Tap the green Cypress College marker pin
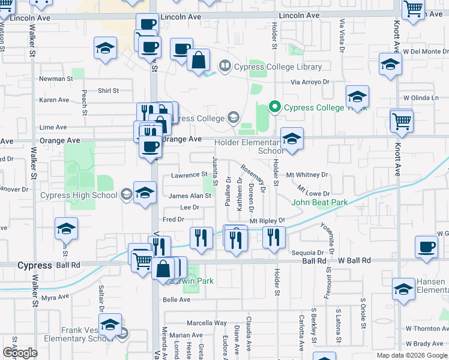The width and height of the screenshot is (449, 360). pyautogui.click(x=276, y=107)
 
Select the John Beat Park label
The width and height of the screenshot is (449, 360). pyautogui.click(x=319, y=203)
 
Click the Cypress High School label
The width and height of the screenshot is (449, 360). pyautogui.click(x=79, y=195)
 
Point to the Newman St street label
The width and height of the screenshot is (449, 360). pyautogui.click(x=56, y=79)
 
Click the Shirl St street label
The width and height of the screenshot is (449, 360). pyautogui.click(x=108, y=91)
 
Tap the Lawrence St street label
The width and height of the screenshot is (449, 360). pyautogui.click(x=188, y=175)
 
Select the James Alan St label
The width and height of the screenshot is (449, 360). pyautogui.click(x=190, y=196)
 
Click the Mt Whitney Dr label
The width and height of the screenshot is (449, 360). pyautogui.click(x=307, y=175)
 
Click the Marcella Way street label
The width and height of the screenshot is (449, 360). pyautogui.click(x=206, y=323)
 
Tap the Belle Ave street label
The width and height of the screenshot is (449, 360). pyautogui.click(x=176, y=300)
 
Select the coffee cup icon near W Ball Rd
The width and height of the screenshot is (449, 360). pyautogui.click(x=427, y=247)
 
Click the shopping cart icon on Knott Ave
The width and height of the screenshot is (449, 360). pyautogui.click(x=401, y=121)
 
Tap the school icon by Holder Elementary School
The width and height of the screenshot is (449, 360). pyautogui.click(x=292, y=139)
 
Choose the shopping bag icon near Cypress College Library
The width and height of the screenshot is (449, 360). pyautogui.click(x=198, y=60)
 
